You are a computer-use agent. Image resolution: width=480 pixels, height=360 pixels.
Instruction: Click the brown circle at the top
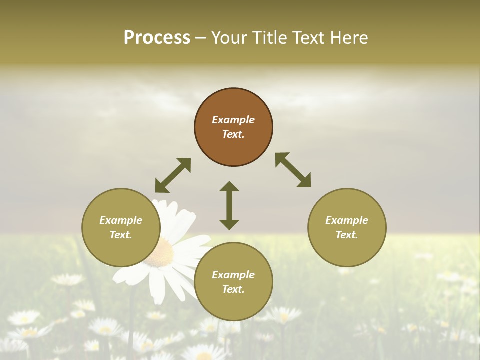[233, 127]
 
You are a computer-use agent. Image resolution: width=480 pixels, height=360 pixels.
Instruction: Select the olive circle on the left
[121, 227]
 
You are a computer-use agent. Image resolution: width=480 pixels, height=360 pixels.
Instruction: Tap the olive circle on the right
[347, 227]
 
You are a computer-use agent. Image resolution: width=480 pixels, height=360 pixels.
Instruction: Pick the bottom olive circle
[233, 282]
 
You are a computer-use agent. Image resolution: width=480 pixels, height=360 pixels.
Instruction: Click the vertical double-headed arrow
[229, 205]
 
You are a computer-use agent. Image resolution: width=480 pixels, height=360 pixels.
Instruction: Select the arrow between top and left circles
[173, 175]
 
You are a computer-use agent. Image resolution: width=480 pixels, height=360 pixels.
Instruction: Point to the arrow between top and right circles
[293, 170]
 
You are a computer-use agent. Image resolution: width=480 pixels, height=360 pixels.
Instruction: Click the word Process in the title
[157, 38]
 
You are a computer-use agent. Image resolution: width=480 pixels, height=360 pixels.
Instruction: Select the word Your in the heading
[228, 38]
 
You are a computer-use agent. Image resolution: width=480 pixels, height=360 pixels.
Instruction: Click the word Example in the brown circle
[233, 120]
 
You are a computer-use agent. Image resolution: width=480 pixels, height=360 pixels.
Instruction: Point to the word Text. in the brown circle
[233, 134]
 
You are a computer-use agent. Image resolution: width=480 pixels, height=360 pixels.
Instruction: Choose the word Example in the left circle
[121, 220]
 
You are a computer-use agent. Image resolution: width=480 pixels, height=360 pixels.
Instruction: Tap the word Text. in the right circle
[347, 235]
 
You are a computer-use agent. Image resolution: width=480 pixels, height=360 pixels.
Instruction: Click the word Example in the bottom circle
[233, 275]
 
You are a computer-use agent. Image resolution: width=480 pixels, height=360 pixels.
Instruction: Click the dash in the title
[201, 38]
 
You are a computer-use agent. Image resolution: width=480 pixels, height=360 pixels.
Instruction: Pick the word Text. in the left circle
[121, 235]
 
